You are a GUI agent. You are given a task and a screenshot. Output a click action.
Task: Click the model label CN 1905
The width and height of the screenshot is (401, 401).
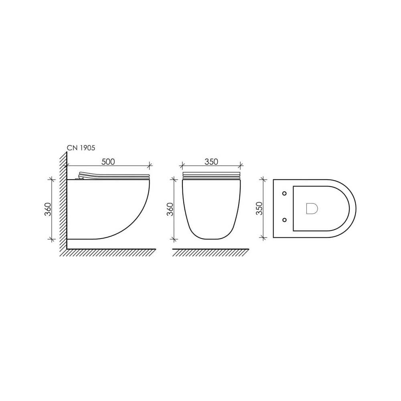pos(81,148)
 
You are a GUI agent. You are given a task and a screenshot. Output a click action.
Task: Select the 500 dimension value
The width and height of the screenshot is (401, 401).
pos(108,162)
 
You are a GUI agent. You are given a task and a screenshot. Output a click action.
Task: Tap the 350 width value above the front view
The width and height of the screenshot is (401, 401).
pos(211,162)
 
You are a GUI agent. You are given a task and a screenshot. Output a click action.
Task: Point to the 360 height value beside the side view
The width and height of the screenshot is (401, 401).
pos(48,209)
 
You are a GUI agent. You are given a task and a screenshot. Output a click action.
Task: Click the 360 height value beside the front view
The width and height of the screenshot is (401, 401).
pos(170,209)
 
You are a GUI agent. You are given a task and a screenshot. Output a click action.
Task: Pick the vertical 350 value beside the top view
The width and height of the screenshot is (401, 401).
pos(259,209)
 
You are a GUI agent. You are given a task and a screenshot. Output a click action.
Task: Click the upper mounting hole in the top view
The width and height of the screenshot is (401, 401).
pos(284,193)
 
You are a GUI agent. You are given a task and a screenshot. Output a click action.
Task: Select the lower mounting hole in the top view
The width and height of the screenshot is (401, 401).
pos(284,220)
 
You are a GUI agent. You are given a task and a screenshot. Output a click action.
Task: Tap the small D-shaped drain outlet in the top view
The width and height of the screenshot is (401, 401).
pos(312,209)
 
